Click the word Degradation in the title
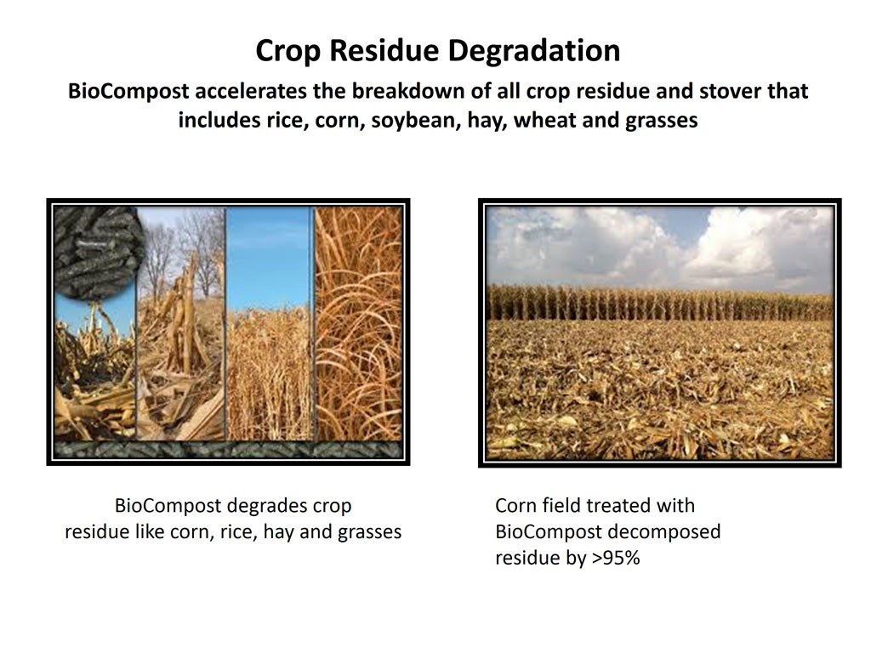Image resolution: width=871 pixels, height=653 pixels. click(534, 51)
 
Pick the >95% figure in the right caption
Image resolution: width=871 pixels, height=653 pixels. click(616, 557)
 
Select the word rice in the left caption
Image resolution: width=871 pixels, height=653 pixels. click(238, 532)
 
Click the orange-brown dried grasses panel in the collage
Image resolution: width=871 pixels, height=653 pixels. click(358, 323)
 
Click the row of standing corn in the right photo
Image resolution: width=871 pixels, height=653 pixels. click(660, 304)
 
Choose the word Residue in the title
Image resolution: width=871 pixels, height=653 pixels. click(384, 51)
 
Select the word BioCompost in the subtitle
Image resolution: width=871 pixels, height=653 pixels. click(128, 91)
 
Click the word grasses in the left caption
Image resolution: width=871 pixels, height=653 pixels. click(369, 532)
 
